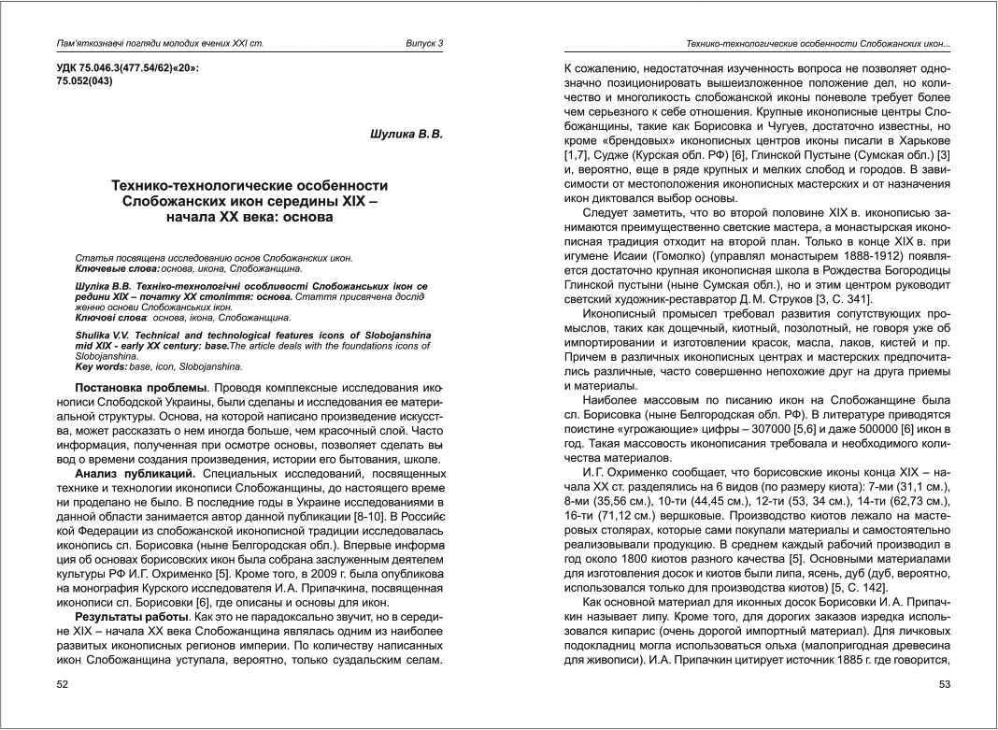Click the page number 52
pyautogui.click(x=63, y=686)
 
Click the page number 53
pyautogui.click(x=943, y=686)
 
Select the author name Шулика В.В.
pyautogui.click(x=406, y=135)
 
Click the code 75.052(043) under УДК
pyautogui.click(x=85, y=81)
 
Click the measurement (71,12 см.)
pyautogui.click(x=626, y=514)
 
